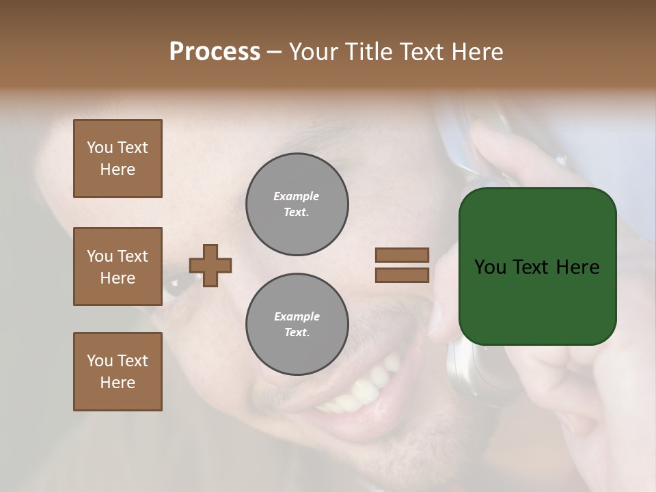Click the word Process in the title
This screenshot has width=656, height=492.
tap(215, 52)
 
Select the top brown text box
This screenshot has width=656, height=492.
tap(118, 159)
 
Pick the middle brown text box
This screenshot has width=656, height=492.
tap(118, 266)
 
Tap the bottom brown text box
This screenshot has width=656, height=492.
tap(118, 372)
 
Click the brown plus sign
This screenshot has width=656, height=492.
tap(210, 265)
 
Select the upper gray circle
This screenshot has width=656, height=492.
tap(297, 204)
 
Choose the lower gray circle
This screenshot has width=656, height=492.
tap(297, 325)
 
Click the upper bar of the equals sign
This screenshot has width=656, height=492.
tap(402, 256)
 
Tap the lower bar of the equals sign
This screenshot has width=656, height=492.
tap(402, 275)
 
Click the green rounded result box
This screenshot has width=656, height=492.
tap(537, 301)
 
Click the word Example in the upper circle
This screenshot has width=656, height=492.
tap(297, 196)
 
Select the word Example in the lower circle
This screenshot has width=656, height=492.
tap(297, 316)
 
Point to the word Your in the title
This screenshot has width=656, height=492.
tap(314, 52)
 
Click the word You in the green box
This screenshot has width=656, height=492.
tap(490, 267)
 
